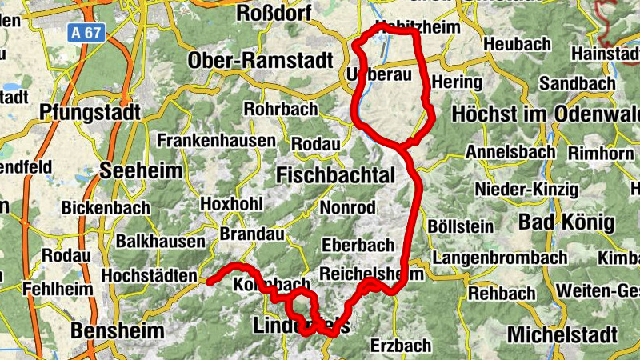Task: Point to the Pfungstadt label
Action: (x=94, y=111)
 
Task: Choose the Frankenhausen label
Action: (x=217, y=140)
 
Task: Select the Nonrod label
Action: (x=347, y=208)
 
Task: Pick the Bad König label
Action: (x=565, y=222)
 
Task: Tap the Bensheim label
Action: (x=117, y=330)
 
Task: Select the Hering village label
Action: (x=456, y=82)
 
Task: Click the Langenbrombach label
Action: (x=500, y=258)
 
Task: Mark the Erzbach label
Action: (x=401, y=346)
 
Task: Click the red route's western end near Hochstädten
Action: (x=209, y=282)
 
